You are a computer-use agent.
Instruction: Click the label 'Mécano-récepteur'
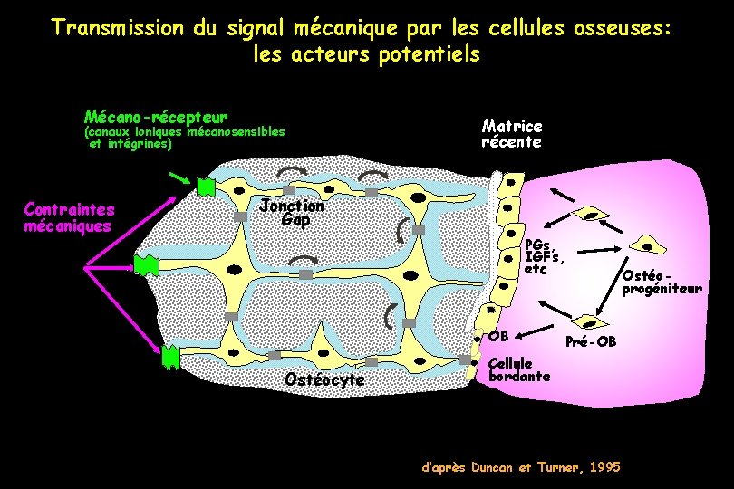[155, 117]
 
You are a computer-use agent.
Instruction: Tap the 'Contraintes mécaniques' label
[69, 217]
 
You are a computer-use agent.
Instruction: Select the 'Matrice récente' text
[512, 134]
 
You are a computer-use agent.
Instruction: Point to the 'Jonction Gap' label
[291, 212]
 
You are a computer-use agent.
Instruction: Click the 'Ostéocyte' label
[324, 379]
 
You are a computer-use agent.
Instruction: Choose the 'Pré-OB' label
[591, 341]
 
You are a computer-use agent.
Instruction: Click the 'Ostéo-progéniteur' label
[661, 282]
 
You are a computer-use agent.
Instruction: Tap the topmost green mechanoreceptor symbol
[206, 186]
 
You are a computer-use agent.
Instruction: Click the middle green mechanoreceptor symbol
[146, 264]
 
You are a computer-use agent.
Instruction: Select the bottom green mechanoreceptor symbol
[170, 358]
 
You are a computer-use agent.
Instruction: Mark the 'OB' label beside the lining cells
[498, 337]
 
